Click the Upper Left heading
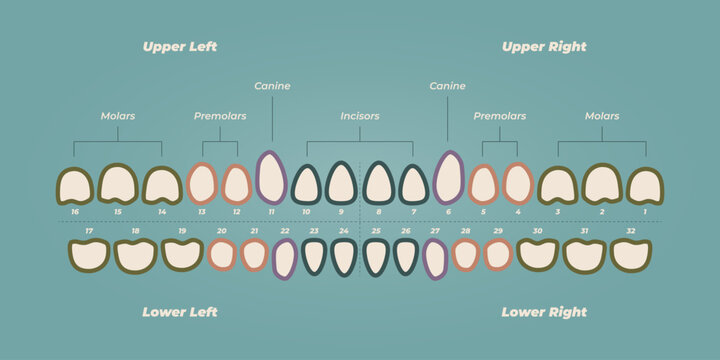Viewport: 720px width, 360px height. click(x=179, y=47)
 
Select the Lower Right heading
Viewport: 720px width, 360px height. click(x=544, y=312)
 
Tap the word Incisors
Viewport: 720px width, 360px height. click(x=359, y=116)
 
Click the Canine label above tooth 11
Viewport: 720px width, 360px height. click(x=272, y=86)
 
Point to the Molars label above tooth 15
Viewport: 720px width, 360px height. click(x=118, y=116)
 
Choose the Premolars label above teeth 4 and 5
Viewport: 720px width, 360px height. click(x=499, y=116)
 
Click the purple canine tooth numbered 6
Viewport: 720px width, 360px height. click(x=448, y=178)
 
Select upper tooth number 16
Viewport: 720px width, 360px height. click(x=74, y=186)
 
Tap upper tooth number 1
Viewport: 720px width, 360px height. click(x=645, y=186)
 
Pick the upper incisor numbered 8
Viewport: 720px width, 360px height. click(x=378, y=184)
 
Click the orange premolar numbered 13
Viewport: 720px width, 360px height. click(x=202, y=184)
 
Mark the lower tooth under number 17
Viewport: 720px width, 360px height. click(x=89, y=255)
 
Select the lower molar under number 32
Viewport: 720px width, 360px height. click(x=631, y=255)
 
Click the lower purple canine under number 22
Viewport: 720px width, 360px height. click(x=285, y=259)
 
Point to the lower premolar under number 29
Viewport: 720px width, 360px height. click(x=498, y=254)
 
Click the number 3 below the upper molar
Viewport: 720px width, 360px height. click(x=557, y=212)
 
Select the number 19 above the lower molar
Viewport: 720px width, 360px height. click(x=181, y=231)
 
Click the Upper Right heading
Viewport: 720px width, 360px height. click(x=544, y=47)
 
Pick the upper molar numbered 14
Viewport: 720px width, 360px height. click(x=162, y=185)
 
